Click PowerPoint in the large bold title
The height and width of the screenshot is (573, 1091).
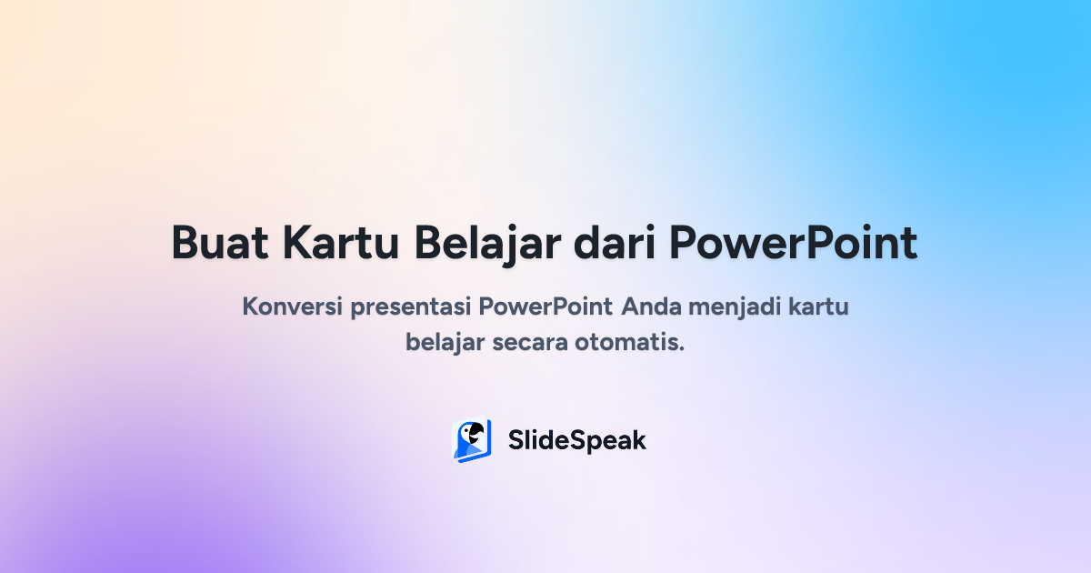[793, 243]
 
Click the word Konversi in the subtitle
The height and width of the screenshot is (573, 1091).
[291, 307]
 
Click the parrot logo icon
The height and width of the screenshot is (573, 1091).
[472, 440]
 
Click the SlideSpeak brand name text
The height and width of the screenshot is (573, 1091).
[576, 440]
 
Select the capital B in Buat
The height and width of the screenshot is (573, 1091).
[185, 243]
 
